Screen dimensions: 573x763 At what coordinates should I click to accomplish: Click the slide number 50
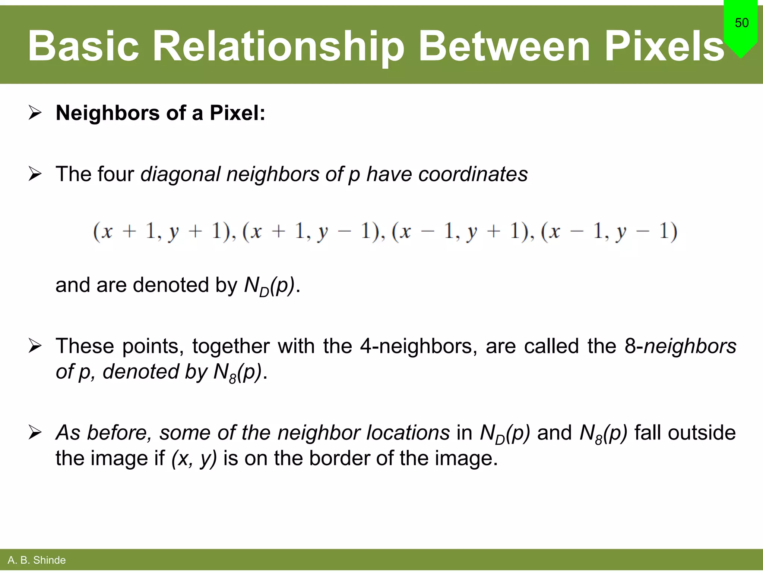741,23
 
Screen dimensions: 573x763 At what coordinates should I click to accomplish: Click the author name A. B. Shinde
37,560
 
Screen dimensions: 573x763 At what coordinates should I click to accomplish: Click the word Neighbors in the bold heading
107,113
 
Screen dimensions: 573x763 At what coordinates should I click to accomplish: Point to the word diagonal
180,174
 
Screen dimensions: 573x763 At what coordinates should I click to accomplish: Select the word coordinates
473,174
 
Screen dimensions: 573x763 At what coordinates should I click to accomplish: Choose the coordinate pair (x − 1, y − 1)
609,232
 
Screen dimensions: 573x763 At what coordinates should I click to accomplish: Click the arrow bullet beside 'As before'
35,433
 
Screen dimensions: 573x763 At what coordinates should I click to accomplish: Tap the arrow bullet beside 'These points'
35,346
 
